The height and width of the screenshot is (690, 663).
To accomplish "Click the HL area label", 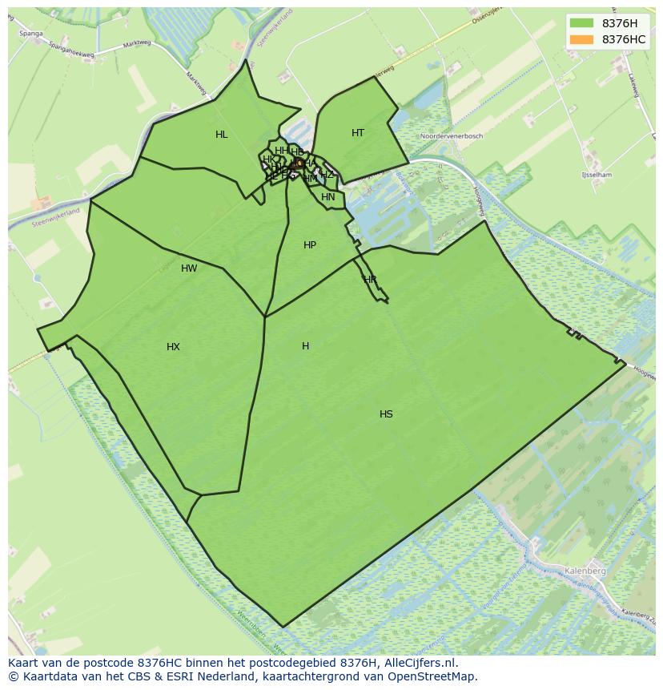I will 221,135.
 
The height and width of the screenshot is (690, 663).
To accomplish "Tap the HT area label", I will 357,133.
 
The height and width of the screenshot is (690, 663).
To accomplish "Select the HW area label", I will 189,268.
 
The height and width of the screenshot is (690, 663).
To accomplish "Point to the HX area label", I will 173,347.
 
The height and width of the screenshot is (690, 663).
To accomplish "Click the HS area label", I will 386,414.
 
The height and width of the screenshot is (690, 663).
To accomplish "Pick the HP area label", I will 310,245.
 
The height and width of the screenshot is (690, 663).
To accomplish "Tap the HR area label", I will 370,280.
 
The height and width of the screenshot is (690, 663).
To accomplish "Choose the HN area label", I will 328,197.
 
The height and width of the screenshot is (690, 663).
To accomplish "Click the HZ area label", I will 327,175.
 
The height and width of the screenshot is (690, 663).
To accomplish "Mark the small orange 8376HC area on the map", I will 299,163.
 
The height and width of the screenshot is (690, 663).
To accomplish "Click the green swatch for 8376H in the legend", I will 582,23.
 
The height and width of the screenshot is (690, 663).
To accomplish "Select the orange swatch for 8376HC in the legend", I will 582,39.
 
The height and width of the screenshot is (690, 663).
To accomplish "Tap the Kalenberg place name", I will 585,571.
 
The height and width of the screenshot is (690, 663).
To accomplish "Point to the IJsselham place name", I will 596,175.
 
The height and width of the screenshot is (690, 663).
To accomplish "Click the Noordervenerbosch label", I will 452,136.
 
